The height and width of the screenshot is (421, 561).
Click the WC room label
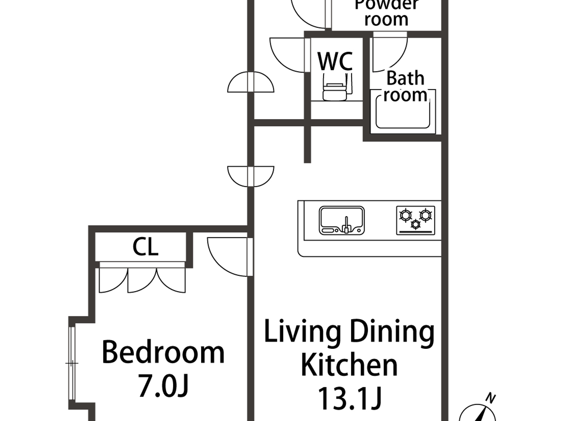335,61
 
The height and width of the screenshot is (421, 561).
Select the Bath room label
405,86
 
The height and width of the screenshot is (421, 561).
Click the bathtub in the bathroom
403,116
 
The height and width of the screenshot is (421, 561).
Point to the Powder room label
386,12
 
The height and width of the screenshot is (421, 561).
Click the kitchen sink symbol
341,220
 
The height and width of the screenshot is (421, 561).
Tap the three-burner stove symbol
416,220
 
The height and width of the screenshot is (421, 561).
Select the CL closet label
145,247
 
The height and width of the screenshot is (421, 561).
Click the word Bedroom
163,352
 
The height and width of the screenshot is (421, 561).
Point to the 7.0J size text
163,386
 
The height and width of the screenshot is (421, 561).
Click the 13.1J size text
349,399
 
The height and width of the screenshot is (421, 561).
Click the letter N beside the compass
490,398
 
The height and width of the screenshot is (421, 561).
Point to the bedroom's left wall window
72,363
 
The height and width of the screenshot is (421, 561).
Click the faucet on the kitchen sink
347,225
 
